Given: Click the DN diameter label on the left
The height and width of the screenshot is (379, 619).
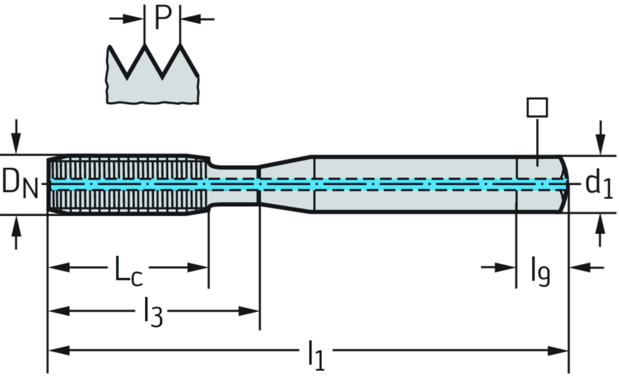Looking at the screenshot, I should click(19, 183).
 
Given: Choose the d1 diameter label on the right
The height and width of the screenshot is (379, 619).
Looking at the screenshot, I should click(598, 184).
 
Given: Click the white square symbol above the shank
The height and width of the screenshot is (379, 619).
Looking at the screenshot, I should click(537, 108).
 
